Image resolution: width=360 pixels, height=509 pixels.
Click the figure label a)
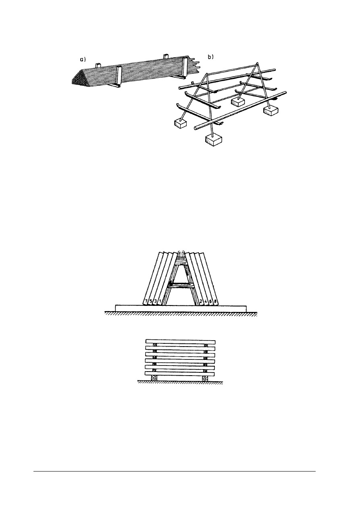pos(82,59)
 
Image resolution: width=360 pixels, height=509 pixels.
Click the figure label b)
pos(211,58)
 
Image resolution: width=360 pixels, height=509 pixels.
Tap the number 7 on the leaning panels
pos(146,301)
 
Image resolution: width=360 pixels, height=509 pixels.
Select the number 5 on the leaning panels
pos(150,301)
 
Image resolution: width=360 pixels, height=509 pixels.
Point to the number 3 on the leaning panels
pos(155,301)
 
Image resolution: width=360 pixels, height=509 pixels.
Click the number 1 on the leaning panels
pos(160,301)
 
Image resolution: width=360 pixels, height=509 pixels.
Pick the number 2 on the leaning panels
pos(201,301)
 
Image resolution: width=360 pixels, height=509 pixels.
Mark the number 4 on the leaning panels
pos(206,301)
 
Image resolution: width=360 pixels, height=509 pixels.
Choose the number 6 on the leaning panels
pos(210,301)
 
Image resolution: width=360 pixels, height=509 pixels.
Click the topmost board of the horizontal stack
pos(180,342)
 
